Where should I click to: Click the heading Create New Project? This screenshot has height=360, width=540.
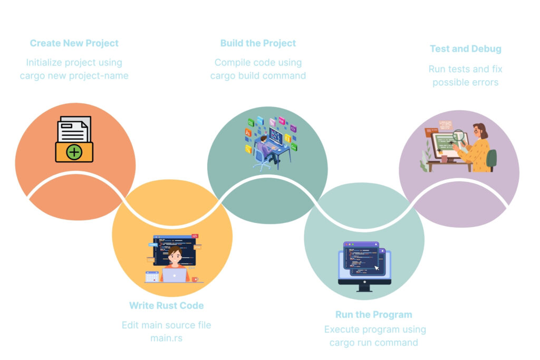pos(74,43)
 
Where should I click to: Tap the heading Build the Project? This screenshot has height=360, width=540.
pos(258,43)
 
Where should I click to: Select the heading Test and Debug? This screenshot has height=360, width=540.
pos(465,49)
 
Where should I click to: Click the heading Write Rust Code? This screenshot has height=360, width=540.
pos(166,306)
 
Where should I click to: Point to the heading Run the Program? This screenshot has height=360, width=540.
pos(374,315)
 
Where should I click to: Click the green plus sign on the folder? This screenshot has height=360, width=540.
pos(74,152)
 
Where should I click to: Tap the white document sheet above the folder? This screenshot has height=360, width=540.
pos(74,129)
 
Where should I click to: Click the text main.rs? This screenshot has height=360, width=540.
pos(166,338)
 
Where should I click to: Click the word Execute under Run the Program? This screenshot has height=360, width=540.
pos(342,330)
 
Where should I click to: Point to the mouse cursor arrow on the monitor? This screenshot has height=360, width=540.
pos(377,268)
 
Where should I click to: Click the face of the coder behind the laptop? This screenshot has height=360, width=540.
pos(175,256)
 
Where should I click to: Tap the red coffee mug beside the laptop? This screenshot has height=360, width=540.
pos(195,279)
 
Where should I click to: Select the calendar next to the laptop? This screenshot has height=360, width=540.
pos(152,277)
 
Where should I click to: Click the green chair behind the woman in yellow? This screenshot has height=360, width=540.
pos(492,160)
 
